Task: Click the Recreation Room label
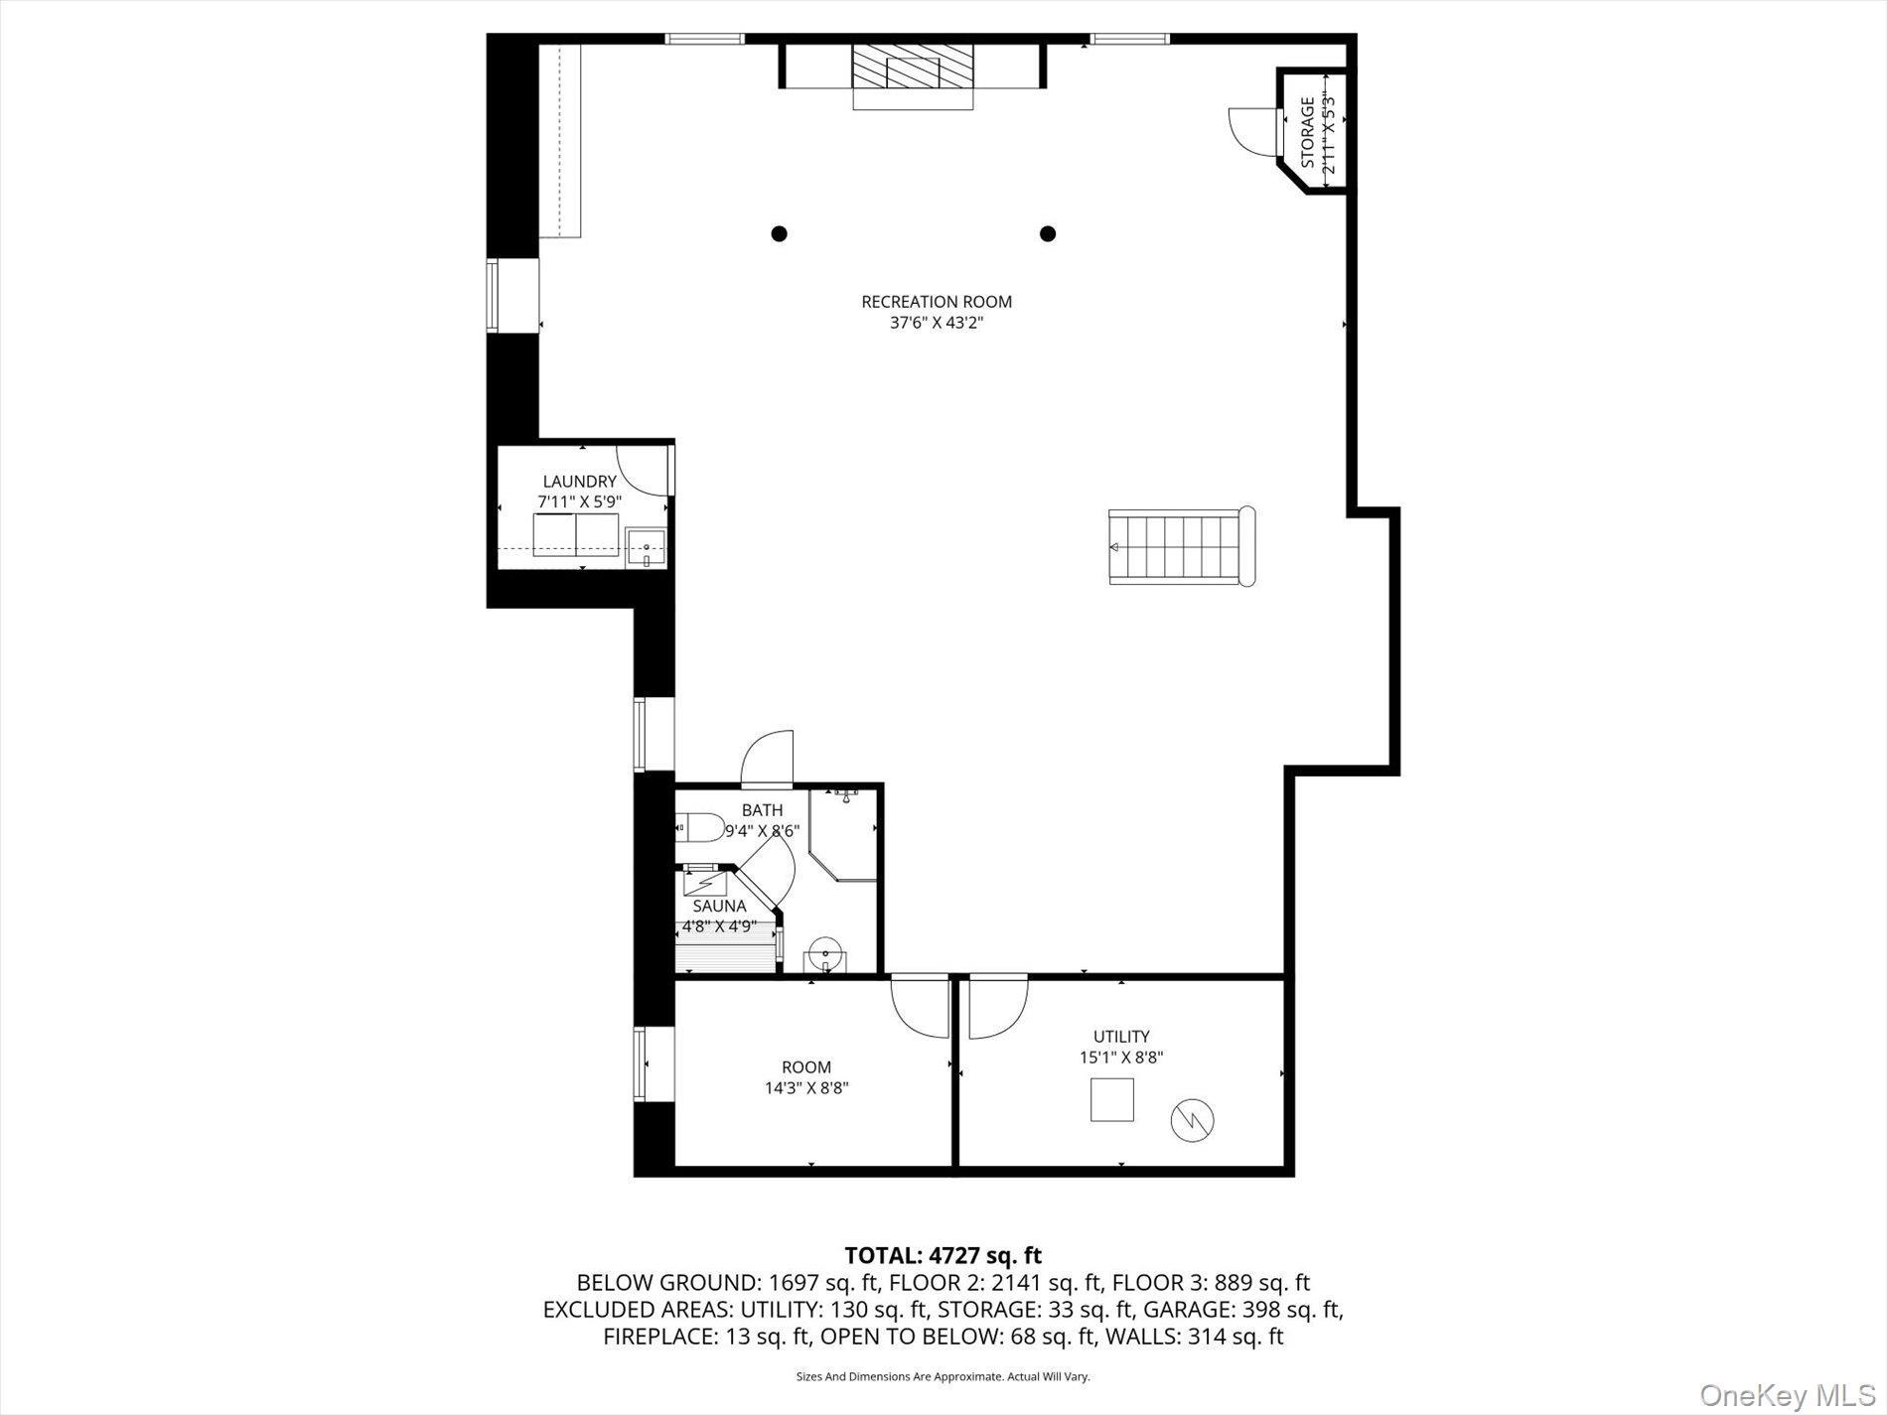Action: point(936,302)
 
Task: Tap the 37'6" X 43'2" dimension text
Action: point(936,324)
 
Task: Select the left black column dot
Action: point(780,234)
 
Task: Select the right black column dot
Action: point(1047,234)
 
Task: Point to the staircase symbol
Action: point(1180,547)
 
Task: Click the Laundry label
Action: point(579,482)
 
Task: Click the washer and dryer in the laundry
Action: point(576,535)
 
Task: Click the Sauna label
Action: point(719,907)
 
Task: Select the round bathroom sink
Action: point(824,957)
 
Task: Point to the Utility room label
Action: point(1121,1037)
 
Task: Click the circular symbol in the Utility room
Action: point(1193,1120)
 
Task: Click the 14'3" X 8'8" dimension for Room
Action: point(805,1088)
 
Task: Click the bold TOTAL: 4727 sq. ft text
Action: point(943,1256)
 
